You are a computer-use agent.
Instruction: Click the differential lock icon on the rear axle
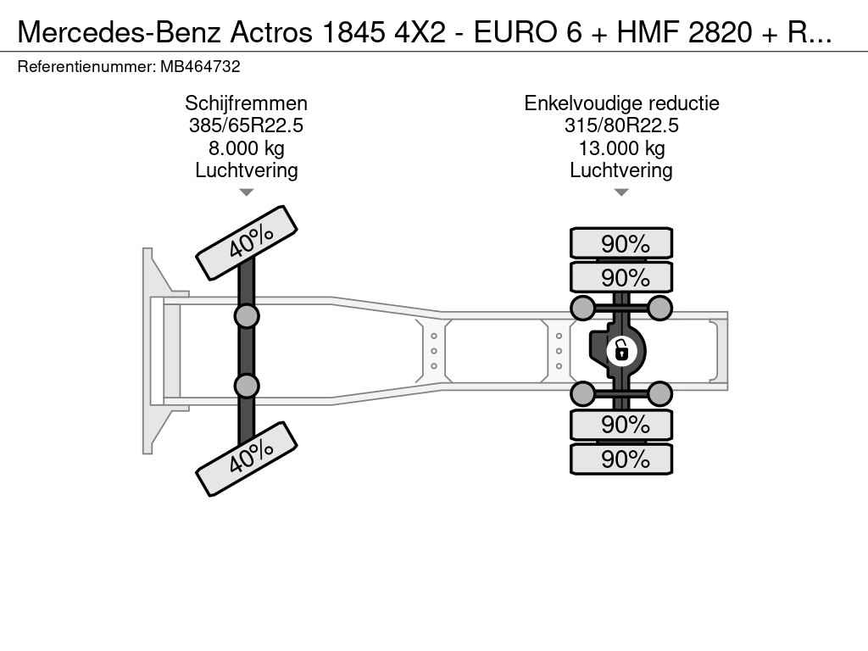(621, 351)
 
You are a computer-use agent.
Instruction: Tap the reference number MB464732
(200, 67)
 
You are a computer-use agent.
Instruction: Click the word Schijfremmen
(247, 103)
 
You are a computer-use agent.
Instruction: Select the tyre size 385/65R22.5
(247, 125)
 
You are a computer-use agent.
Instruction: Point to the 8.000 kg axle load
(247, 148)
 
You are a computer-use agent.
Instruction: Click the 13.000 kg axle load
(621, 148)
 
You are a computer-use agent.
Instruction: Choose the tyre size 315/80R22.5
(621, 125)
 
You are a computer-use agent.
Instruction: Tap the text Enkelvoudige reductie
(621, 103)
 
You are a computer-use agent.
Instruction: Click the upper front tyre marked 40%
(247, 243)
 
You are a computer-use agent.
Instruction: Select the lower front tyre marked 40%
(247, 459)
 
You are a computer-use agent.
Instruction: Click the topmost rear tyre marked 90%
(621, 243)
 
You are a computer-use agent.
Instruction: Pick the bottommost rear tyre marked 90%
(621, 459)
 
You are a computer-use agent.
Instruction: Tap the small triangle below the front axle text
(247, 192)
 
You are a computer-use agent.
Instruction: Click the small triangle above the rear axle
(621, 192)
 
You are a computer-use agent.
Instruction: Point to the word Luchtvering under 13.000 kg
(621, 170)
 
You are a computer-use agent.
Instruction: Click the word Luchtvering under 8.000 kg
(247, 170)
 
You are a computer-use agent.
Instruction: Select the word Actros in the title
(271, 33)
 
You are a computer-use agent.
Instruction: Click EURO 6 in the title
(527, 33)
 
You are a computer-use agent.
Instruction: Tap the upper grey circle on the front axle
(247, 317)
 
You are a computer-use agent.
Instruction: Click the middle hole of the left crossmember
(434, 351)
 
